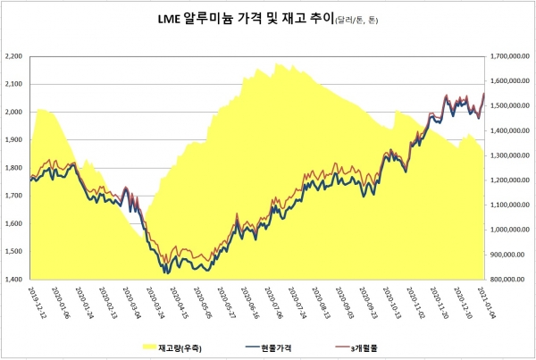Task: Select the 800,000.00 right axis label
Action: (x=507, y=280)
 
